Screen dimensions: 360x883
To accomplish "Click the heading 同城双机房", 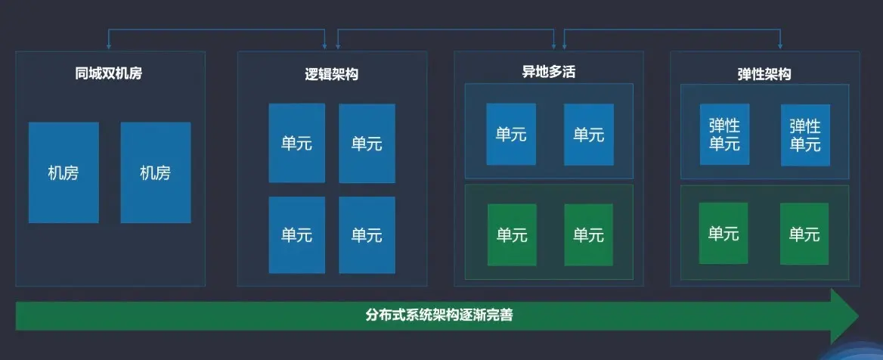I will pos(109,74).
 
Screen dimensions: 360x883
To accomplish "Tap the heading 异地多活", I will pos(548,73).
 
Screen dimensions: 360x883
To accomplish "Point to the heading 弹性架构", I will pos(764,74).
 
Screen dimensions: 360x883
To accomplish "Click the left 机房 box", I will pos(64,172).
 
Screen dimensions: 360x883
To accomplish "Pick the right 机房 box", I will pos(156,172).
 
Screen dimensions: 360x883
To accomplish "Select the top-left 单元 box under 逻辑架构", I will pos(296,143).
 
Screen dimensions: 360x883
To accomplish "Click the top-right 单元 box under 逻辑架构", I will pos(367,143).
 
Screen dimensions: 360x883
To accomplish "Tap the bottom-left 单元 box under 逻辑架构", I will pos(296,234).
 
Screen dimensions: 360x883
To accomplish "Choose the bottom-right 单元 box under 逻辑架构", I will pos(367,234).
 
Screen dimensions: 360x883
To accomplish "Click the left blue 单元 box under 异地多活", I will pos(511,135).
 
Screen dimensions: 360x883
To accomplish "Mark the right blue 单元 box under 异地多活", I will pos(588,135).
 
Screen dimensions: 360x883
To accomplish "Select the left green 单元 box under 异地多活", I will pos(512,234).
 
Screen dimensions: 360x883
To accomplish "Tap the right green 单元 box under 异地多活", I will pos(588,234).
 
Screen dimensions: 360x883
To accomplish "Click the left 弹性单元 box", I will pos(724,135).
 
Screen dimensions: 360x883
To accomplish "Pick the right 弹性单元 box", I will pos(805,135).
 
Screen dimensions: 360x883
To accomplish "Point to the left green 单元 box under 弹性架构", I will pos(723,234).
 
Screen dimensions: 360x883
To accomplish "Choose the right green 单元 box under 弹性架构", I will pos(804,234).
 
